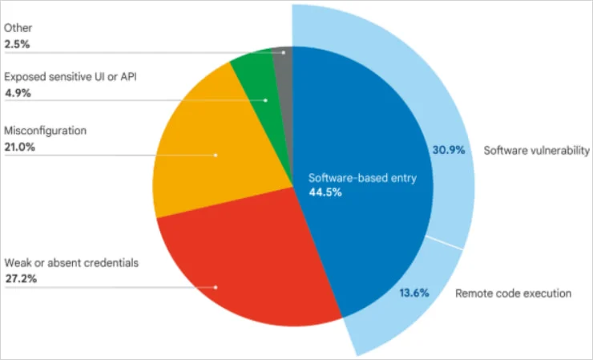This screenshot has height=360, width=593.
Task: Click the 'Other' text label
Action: coord(18,28)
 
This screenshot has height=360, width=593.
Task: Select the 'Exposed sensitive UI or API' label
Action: coord(63,78)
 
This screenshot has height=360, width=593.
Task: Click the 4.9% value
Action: coord(17,92)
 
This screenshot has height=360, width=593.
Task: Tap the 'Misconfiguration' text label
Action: coord(46,130)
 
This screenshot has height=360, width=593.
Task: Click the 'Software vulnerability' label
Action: coord(536,150)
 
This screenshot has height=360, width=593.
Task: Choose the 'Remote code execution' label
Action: coord(513,293)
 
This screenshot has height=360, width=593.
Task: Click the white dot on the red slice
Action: coord(216,286)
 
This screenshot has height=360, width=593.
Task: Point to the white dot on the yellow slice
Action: coord(216,154)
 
